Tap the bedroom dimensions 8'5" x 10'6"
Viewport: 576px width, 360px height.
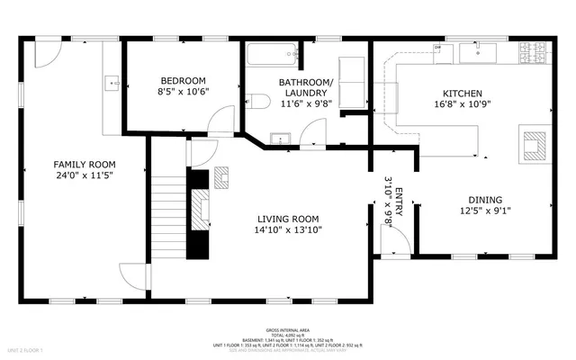[183, 91]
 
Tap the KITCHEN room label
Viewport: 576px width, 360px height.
[463, 94]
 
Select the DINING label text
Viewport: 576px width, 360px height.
[484, 200]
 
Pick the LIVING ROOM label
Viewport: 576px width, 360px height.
[288, 219]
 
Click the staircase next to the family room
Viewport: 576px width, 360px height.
[166, 206]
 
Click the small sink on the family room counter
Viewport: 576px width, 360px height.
[112, 84]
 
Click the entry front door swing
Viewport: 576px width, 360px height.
[396, 238]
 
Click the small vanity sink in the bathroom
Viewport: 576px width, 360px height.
[279, 139]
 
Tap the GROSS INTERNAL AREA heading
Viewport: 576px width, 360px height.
[287, 330]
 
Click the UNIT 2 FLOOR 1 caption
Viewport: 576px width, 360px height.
[25, 349]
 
